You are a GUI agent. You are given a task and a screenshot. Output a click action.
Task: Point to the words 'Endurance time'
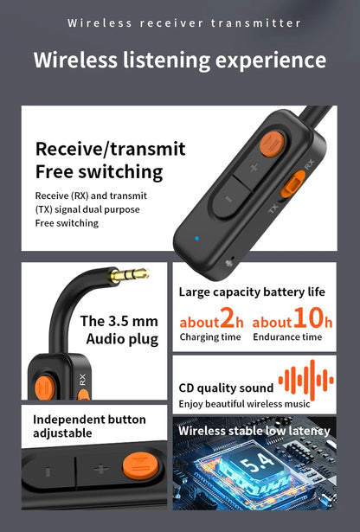[287, 337]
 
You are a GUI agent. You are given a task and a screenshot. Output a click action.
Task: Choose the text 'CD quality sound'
[226, 388]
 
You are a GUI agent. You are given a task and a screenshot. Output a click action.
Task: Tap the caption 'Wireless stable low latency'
[254, 431]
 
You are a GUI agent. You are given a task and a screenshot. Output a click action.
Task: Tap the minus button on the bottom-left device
[48, 471]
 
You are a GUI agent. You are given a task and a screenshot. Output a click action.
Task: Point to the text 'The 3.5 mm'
[119, 321]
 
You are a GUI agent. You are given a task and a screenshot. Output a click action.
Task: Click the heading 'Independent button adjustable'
[89, 426]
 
